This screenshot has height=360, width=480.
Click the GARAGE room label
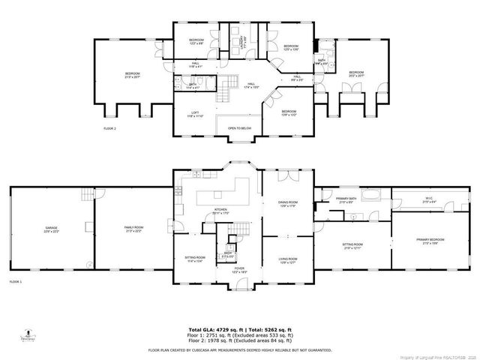pyautogui.click(x=51, y=229)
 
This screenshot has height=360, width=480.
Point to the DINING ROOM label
pyautogui.click(x=284, y=203)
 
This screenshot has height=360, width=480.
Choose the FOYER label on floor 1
pyautogui.click(x=238, y=269)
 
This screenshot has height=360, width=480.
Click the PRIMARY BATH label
pyautogui.click(x=348, y=199)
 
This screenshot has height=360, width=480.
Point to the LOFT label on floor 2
pyautogui.click(x=195, y=114)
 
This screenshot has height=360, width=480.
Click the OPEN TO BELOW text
pyautogui.click(x=238, y=128)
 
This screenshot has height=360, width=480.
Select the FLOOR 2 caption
pyautogui.click(x=109, y=130)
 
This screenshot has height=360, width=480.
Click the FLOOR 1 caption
pyautogui.click(x=15, y=281)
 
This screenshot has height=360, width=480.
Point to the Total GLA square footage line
pyautogui.click(x=238, y=328)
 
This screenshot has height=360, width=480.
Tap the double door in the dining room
pyautogui.click(x=284, y=176)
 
